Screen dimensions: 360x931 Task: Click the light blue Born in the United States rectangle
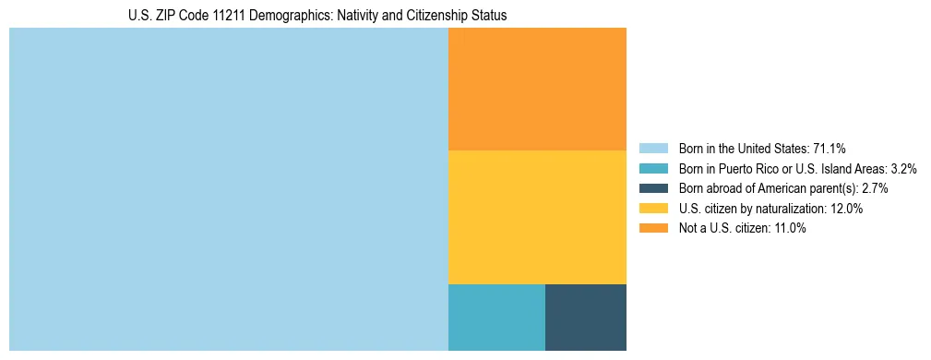coord(228,189)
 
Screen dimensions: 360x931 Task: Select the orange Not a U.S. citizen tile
coord(537,89)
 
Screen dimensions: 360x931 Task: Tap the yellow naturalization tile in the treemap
coord(537,217)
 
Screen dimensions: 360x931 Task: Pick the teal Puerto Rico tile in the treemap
coord(496,318)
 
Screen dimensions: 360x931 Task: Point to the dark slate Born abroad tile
coord(586,318)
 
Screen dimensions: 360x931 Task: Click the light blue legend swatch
coord(652,148)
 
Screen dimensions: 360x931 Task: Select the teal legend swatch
coord(652,168)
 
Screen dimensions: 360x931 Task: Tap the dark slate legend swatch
coord(652,188)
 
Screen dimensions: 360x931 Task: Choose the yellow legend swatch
coord(652,209)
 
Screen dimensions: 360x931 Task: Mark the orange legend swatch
coord(652,229)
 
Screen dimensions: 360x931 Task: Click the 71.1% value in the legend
coord(830,148)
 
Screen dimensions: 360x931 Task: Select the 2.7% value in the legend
coord(872,188)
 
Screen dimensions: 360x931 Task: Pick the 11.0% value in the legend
coord(789,229)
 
